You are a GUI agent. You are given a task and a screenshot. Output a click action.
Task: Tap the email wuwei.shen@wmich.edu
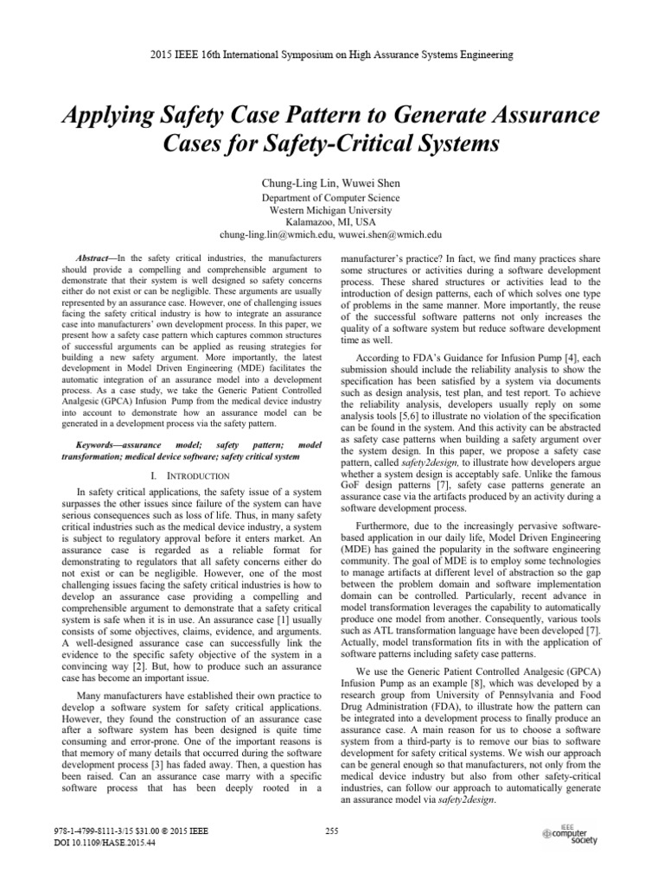click(390, 233)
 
